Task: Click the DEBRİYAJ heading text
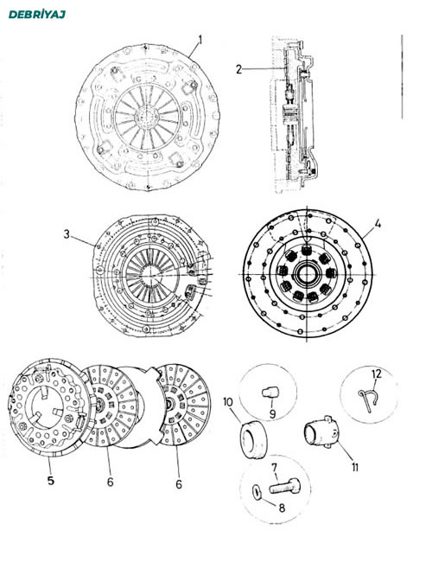(x=37, y=15)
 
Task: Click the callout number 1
(x=200, y=40)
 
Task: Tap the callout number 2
(x=239, y=69)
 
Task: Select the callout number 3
(x=67, y=235)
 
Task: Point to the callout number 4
(x=378, y=224)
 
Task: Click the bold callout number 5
(x=51, y=480)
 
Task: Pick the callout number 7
(x=275, y=468)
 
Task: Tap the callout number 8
(x=282, y=508)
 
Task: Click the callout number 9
(x=273, y=414)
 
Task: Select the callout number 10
(x=228, y=402)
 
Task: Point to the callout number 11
(x=355, y=467)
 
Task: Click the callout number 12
(x=377, y=374)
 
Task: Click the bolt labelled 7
(x=285, y=487)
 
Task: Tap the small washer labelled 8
(x=257, y=491)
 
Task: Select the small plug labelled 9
(x=270, y=393)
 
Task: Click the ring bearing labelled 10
(x=253, y=439)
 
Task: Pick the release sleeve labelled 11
(x=321, y=432)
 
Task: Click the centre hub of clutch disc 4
(x=307, y=274)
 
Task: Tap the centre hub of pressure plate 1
(x=147, y=116)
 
